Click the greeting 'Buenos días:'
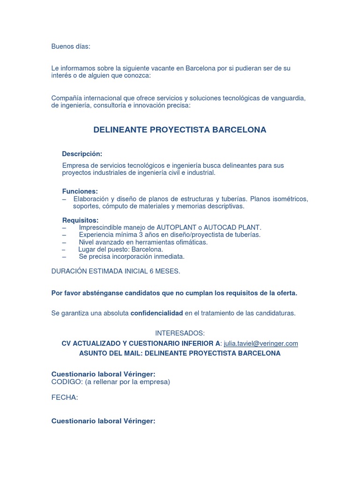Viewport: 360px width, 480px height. click(x=70, y=46)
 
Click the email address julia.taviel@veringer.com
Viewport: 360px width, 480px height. click(x=261, y=344)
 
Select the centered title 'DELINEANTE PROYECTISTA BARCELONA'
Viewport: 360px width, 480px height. click(x=180, y=130)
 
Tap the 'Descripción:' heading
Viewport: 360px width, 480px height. click(x=82, y=154)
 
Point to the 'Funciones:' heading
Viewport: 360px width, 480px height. click(x=80, y=191)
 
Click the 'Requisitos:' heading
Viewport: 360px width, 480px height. click(x=80, y=220)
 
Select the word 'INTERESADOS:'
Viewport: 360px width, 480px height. click(x=180, y=333)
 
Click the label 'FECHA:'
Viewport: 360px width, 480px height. click(x=65, y=397)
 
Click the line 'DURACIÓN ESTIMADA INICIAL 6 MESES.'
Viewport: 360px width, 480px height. click(x=115, y=271)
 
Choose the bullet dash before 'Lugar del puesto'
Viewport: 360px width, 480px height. click(x=64, y=249)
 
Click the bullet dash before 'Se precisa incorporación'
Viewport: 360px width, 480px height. click(x=64, y=257)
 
